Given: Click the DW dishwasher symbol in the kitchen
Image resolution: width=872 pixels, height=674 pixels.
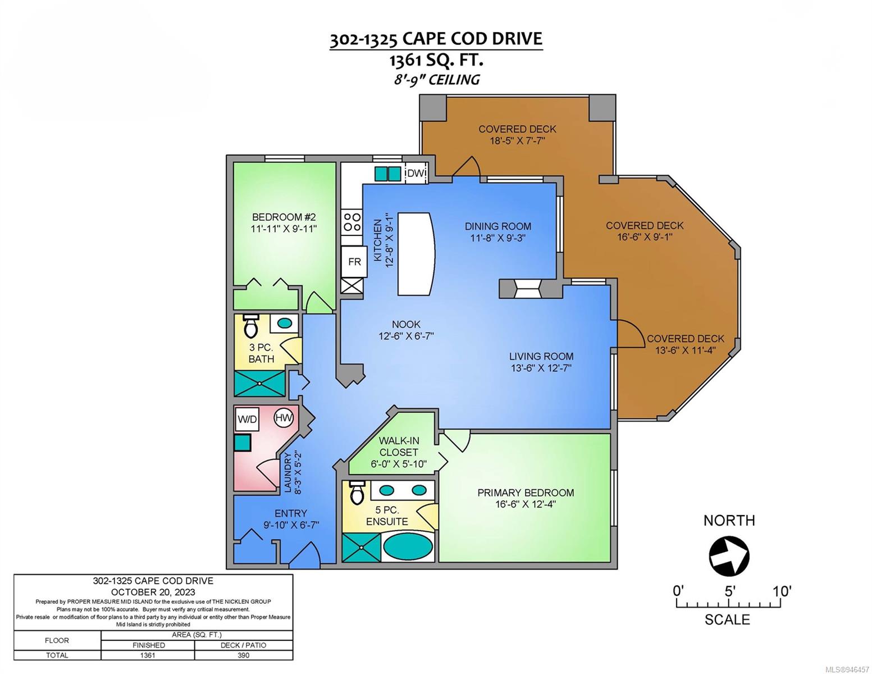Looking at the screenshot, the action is [x=416, y=173].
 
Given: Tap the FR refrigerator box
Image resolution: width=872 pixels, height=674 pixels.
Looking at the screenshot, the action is [x=354, y=262].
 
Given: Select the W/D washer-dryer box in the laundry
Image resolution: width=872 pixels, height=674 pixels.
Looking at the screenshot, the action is [x=247, y=420].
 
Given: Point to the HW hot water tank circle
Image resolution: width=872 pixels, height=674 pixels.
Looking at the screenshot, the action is [x=284, y=417].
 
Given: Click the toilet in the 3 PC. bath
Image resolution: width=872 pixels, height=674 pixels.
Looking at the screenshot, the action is [x=251, y=326].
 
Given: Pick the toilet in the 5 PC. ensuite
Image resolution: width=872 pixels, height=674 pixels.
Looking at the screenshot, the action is [x=357, y=492].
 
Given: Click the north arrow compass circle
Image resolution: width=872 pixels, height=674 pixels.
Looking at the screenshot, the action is [x=729, y=557].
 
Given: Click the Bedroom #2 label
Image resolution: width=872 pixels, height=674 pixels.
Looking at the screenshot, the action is [x=284, y=222].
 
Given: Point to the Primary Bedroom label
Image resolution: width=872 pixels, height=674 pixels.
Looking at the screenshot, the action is [x=526, y=498].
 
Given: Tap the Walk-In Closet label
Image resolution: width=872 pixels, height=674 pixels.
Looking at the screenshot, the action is [x=399, y=452].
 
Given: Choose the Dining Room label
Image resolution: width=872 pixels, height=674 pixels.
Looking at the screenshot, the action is [x=498, y=231].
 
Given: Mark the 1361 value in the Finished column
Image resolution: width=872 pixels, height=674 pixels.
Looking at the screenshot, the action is [x=148, y=655].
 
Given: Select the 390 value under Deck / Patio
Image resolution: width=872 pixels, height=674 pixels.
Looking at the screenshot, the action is [x=243, y=655].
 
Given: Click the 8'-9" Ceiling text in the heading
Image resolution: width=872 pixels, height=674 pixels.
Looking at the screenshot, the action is [x=437, y=79].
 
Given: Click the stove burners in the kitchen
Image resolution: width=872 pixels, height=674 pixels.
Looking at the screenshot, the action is [x=352, y=222].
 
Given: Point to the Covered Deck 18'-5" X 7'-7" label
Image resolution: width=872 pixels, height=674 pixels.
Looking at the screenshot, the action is [x=517, y=134].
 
